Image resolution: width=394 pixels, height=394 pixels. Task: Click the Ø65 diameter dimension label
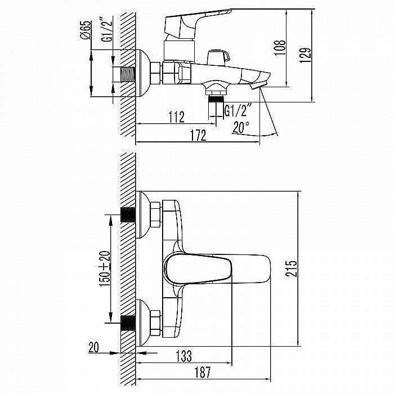pyautogui.click(x=86, y=30)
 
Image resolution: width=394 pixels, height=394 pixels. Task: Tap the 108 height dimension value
pyautogui.click(x=279, y=48)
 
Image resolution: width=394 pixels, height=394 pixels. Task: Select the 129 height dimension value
pyautogui.click(x=305, y=55)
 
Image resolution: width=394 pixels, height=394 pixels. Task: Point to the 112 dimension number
pyautogui.click(x=176, y=117)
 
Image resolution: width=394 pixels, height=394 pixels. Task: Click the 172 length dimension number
pyautogui.click(x=199, y=136)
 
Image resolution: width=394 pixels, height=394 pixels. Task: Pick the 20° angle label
pyautogui.click(x=241, y=127)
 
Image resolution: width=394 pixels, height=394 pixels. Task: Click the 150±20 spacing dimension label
pyautogui.click(x=105, y=268)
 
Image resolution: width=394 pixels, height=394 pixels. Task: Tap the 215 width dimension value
pyautogui.click(x=291, y=268)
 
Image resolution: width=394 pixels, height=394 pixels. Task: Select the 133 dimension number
pyautogui.click(x=183, y=356)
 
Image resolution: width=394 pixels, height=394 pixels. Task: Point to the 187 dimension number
pyautogui.click(x=203, y=373)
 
